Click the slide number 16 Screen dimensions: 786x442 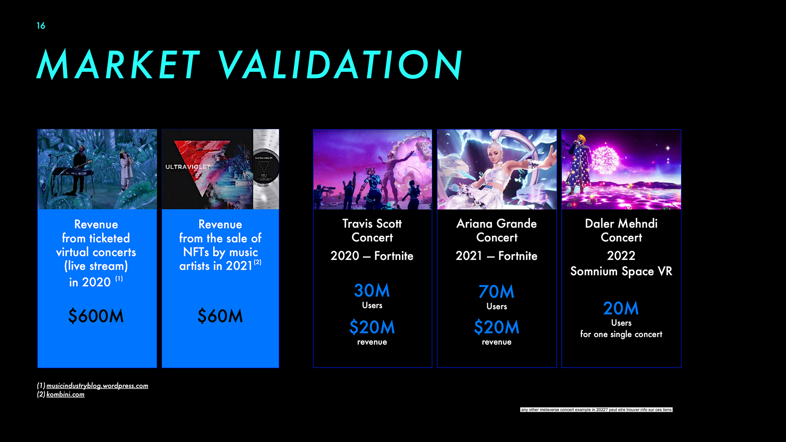tap(41, 26)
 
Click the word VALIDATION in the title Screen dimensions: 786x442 tap(340, 65)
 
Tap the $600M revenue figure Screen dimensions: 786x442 tap(96, 316)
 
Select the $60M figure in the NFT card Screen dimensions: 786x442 tap(220, 316)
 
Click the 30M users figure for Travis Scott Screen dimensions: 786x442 tap(372, 291)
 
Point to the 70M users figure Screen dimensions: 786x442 tap(497, 292)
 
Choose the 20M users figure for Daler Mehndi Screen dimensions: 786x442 tap(621, 308)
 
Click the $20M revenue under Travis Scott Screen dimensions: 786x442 tap(372, 327)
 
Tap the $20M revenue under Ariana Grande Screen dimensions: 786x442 tap(497, 327)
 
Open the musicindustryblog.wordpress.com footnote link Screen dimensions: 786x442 tap(97, 386)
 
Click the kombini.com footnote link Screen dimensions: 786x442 tap(66, 395)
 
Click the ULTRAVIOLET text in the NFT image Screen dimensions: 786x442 tap(188, 167)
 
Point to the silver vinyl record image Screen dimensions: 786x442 tap(266, 169)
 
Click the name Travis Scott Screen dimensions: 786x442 tap(372, 223)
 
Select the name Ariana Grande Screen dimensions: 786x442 tap(497, 223)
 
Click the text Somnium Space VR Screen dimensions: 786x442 tap(621, 271)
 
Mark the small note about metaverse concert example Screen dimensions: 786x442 tap(596, 409)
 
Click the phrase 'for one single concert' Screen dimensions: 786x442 tap(621, 334)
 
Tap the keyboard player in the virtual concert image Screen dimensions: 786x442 tap(79, 167)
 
